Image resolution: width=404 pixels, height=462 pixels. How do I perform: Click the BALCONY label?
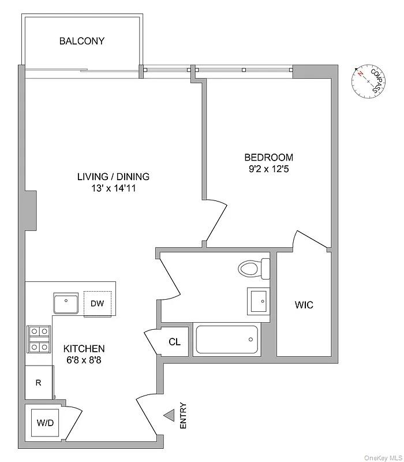(x=82, y=41)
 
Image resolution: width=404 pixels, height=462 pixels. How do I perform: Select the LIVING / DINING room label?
(x=113, y=177)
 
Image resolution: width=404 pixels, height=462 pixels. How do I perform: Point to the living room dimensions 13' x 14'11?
(x=113, y=188)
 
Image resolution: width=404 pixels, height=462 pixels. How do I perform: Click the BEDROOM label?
(x=268, y=157)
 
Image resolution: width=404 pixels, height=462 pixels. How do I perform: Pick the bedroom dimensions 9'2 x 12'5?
(x=268, y=169)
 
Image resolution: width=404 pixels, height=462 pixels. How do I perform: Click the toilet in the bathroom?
(x=255, y=268)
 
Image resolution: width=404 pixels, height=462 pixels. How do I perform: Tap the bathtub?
(x=227, y=340)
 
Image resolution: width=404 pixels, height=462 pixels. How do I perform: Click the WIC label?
(x=304, y=305)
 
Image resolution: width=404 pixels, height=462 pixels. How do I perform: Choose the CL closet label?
(x=174, y=342)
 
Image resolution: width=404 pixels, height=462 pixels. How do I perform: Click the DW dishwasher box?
(x=97, y=303)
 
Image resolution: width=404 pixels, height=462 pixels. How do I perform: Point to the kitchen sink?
(x=67, y=303)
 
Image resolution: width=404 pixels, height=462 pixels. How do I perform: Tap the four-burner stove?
(x=39, y=339)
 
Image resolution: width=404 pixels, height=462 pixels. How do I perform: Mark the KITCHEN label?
(x=84, y=349)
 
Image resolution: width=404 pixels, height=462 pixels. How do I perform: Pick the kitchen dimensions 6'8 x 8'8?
(x=84, y=360)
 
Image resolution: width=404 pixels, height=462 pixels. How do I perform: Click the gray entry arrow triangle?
(x=169, y=415)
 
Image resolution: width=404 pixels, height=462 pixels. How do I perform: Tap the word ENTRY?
(x=184, y=415)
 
